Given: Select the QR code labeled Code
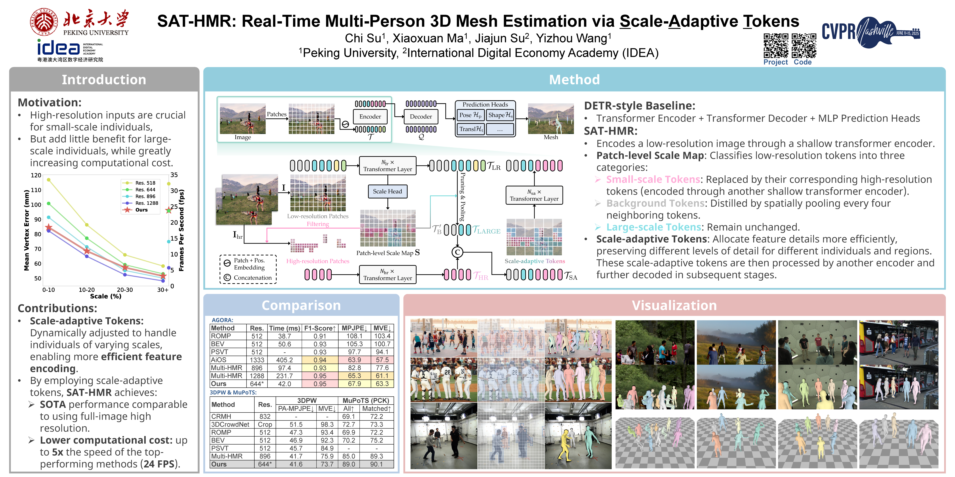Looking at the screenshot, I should click(804, 45).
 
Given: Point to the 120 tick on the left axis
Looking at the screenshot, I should click(36, 175).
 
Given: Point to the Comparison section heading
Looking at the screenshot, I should click(301, 306).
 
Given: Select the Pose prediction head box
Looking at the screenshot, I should click(470, 115).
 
